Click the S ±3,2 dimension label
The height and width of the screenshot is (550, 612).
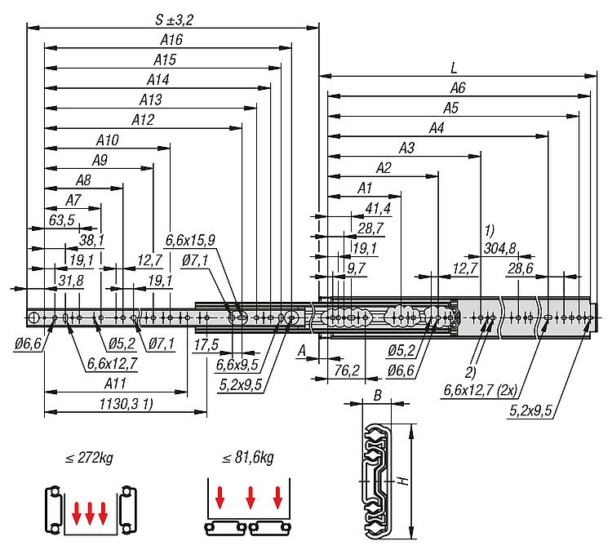(x=174, y=20)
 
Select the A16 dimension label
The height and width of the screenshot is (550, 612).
(x=171, y=40)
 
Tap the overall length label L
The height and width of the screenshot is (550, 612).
(x=454, y=69)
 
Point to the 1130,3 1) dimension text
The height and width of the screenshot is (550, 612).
(x=126, y=404)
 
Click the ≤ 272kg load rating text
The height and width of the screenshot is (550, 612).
(x=90, y=458)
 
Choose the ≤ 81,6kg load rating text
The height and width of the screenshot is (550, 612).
(x=248, y=458)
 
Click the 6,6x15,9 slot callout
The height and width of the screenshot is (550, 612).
(x=190, y=240)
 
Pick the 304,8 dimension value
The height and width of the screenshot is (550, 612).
(x=499, y=248)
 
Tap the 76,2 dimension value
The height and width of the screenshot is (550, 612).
(x=347, y=370)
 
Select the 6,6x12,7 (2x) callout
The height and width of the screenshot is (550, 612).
(x=481, y=390)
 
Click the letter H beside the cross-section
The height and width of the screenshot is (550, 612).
(x=404, y=481)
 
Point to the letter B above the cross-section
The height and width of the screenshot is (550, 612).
(x=377, y=396)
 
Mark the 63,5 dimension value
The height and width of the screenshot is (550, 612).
(x=62, y=220)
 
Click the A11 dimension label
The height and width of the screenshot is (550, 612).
(x=115, y=384)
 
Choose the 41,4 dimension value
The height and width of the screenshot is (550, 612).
(x=378, y=208)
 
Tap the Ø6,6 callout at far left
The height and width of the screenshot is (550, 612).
(x=28, y=344)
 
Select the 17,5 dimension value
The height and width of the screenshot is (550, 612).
(x=206, y=344)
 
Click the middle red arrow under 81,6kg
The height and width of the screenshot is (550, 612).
(x=251, y=498)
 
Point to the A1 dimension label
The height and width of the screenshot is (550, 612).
(x=365, y=189)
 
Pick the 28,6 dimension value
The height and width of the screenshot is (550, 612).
(x=521, y=268)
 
